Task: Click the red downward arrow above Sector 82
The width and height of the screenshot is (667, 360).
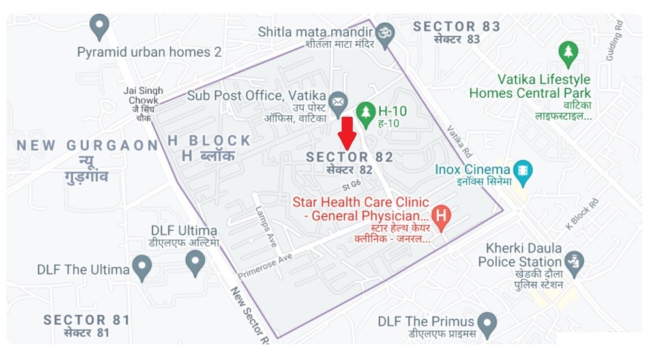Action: [x=348, y=133]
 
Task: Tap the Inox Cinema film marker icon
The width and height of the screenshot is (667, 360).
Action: [x=522, y=172]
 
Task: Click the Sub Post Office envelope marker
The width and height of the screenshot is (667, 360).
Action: [x=337, y=102]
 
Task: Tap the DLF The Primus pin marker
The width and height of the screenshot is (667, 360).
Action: [x=486, y=322]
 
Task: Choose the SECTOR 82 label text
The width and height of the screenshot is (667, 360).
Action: [x=349, y=157]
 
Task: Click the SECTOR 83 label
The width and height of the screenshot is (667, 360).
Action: [x=456, y=27]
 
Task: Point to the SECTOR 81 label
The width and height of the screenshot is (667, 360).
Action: [x=86, y=320]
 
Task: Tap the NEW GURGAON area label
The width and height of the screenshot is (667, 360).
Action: [x=87, y=145]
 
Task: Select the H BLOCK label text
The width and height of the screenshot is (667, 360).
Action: [x=209, y=141]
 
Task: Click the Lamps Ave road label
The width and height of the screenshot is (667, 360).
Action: [x=267, y=226]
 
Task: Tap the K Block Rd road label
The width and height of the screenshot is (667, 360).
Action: [x=582, y=217]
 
